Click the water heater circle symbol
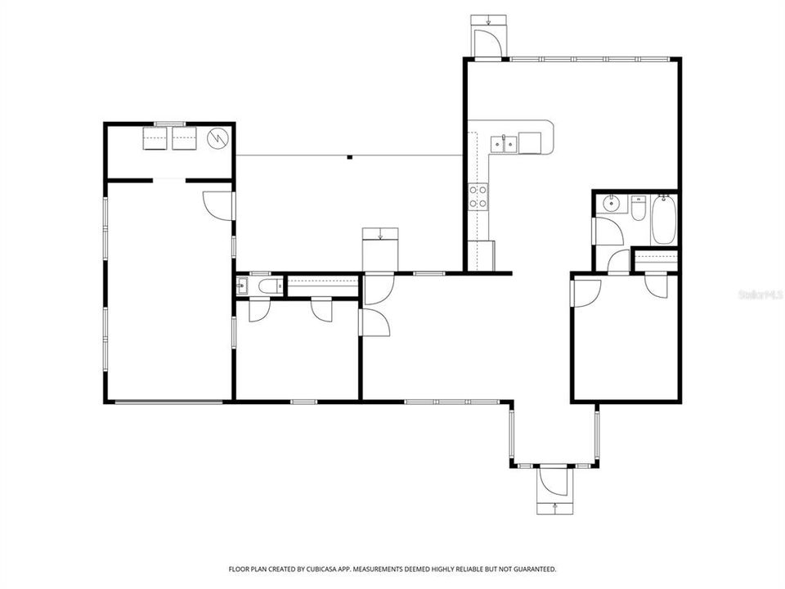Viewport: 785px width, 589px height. (218, 139)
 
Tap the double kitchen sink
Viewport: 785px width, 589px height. (503, 145)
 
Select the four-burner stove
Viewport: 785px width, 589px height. (478, 196)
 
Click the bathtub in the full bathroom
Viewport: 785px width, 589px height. (663, 218)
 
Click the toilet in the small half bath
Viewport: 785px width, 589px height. (267, 286)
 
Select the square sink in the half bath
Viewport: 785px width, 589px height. (243, 286)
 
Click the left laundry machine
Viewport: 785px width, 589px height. (156, 139)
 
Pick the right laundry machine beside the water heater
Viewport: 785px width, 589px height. (185, 139)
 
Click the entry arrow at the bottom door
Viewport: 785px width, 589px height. (555, 507)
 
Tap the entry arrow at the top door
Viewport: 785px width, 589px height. (489, 21)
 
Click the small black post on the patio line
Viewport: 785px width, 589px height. (349, 156)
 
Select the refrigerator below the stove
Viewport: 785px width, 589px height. (481, 254)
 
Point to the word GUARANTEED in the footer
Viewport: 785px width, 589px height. (533, 569)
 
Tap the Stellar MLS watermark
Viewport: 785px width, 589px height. (760, 292)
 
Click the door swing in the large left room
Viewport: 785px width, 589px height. (218, 205)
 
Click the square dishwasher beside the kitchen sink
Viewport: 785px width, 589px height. (531, 143)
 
